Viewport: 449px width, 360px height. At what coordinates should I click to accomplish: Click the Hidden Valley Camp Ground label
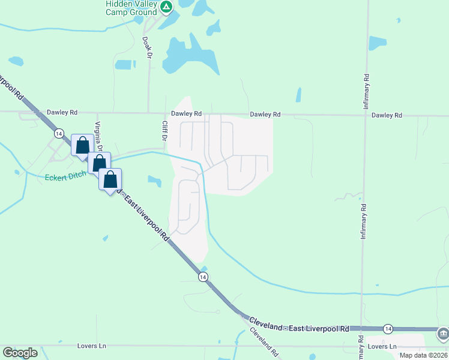pyautogui.click(x=131, y=8)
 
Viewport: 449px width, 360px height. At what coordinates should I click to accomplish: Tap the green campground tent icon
pyautogui.click(x=167, y=8)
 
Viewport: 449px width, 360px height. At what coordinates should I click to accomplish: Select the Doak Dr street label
pyautogui.click(x=146, y=46)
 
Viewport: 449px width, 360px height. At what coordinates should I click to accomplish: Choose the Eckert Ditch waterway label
pyautogui.click(x=65, y=177)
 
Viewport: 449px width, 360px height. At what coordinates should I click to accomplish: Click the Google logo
pyautogui.click(x=20, y=353)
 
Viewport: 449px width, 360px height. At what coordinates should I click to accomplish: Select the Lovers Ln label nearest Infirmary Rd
pyautogui.click(x=383, y=347)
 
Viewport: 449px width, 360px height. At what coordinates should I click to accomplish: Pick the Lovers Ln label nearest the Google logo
pyautogui.click(x=91, y=346)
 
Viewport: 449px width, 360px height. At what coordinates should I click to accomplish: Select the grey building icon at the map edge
pyautogui.click(x=443, y=332)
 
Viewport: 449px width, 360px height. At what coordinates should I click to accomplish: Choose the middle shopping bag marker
pyautogui.click(x=99, y=162)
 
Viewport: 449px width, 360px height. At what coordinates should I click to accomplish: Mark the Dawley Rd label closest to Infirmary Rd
pyautogui.click(x=387, y=115)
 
